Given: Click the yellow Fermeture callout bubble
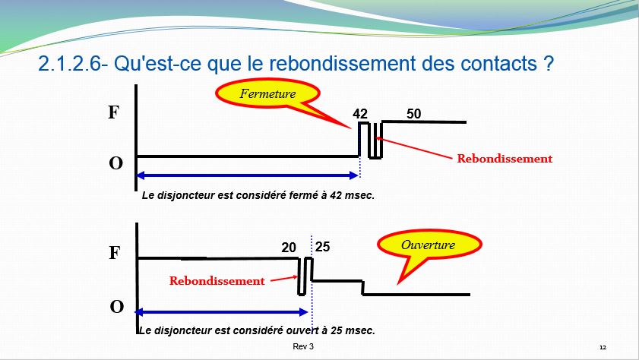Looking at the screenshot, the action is click(x=267, y=93).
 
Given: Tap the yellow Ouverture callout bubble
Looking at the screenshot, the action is click(x=429, y=245).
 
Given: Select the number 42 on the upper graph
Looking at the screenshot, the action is click(x=360, y=114).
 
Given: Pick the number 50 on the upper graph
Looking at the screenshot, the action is click(x=413, y=114).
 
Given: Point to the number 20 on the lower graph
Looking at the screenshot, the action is click(x=289, y=247).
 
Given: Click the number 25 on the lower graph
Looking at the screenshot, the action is click(x=322, y=246).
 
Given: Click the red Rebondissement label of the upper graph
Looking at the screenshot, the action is click(x=505, y=159).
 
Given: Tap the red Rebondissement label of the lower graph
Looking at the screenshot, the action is click(x=217, y=280).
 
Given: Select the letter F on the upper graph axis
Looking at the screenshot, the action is click(x=113, y=112).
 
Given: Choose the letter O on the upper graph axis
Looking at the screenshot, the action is click(x=115, y=163).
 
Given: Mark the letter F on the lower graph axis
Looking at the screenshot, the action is click(x=115, y=252).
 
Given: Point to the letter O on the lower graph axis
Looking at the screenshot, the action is click(x=116, y=306).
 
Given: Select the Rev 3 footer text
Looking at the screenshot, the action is click(x=303, y=346).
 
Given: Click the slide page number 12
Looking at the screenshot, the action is click(x=603, y=347).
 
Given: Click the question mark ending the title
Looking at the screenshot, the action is click(x=549, y=64).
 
